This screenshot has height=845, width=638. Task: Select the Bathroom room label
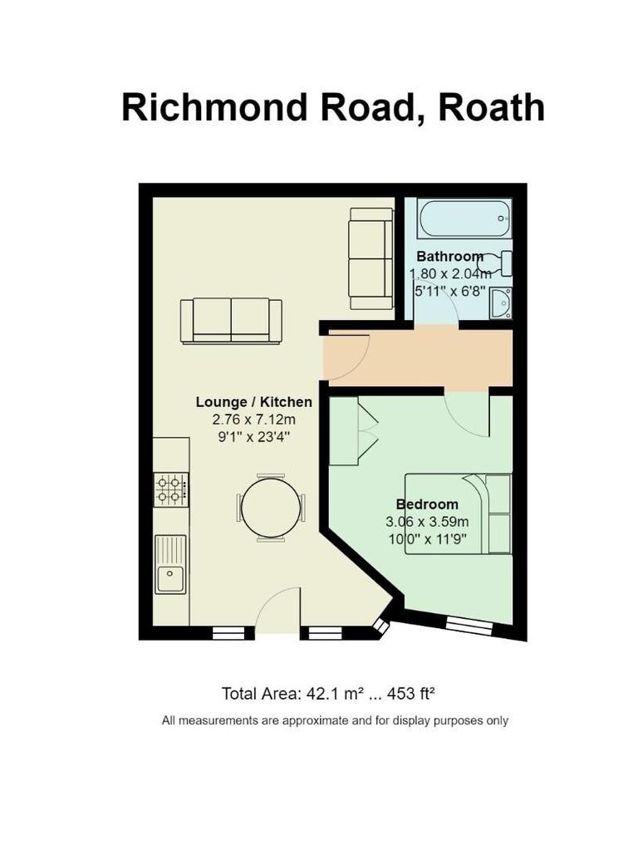point(449,256)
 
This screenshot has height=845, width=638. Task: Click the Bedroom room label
point(427,504)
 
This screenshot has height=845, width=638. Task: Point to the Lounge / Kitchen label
point(253,402)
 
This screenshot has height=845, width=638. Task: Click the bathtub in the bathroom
point(464,218)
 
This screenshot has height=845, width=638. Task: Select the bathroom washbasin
point(501,303)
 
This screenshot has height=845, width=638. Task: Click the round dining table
point(271,508)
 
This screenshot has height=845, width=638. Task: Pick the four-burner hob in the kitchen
point(171,489)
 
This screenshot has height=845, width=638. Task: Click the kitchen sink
point(170,564)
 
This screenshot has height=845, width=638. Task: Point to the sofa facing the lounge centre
point(231,320)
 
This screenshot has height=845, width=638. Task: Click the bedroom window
point(469,626)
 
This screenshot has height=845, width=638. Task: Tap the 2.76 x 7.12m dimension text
point(253,420)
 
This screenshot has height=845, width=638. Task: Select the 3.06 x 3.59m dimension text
point(427,522)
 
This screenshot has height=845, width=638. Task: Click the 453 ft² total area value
point(407,693)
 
